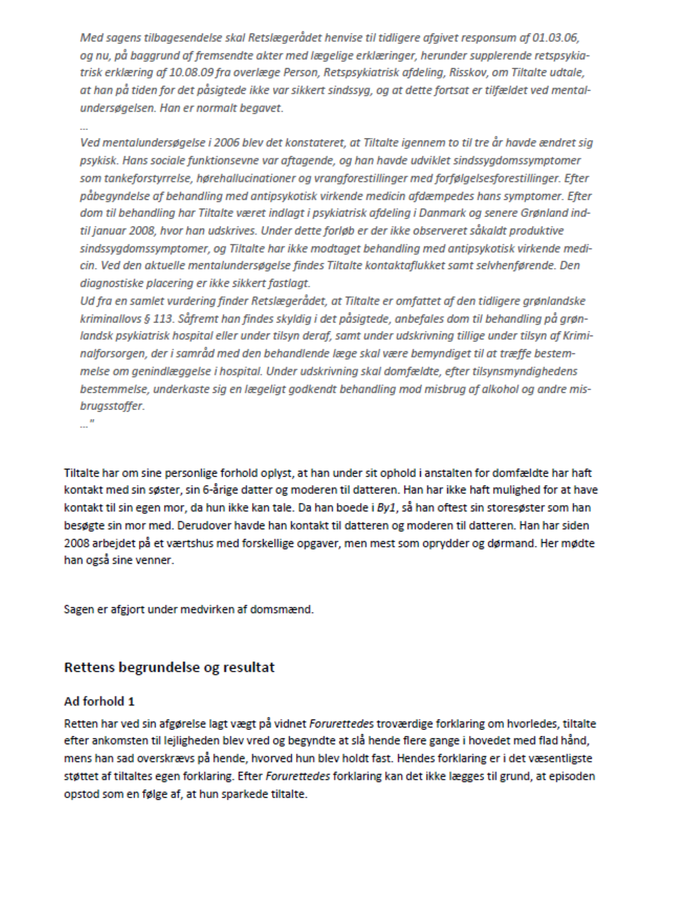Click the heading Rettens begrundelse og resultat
click(x=169, y=668)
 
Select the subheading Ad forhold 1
click(x=99, y=701)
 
